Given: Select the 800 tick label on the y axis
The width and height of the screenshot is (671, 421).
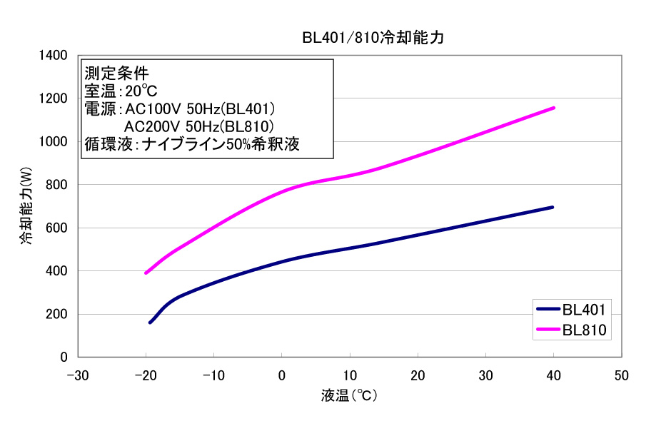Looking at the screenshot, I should (x=56, y=185).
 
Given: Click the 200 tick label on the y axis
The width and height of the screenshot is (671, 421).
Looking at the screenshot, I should (x=56, y=314).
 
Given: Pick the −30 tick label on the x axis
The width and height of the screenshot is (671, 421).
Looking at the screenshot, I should (x=77, y=375).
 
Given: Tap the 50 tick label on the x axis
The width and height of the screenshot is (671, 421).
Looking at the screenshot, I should (x=621, y=375).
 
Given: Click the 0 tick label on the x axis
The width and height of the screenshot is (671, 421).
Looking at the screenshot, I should (x=281, y=375).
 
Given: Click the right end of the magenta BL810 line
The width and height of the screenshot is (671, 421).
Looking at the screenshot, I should (x=553, y=108).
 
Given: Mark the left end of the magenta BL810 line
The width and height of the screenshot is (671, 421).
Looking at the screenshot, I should (x=146, y=273).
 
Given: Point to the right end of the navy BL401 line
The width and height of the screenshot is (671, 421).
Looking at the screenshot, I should (x=553, y=207).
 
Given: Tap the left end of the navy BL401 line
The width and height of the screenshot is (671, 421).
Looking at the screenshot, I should (x=150, y=323).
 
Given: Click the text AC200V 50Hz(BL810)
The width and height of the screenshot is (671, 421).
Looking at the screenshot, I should (x=200, y=126).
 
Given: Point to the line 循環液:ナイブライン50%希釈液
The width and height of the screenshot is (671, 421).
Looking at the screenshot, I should (x=191, y=143).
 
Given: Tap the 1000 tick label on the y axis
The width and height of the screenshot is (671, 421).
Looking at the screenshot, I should (x=53, y=142).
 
